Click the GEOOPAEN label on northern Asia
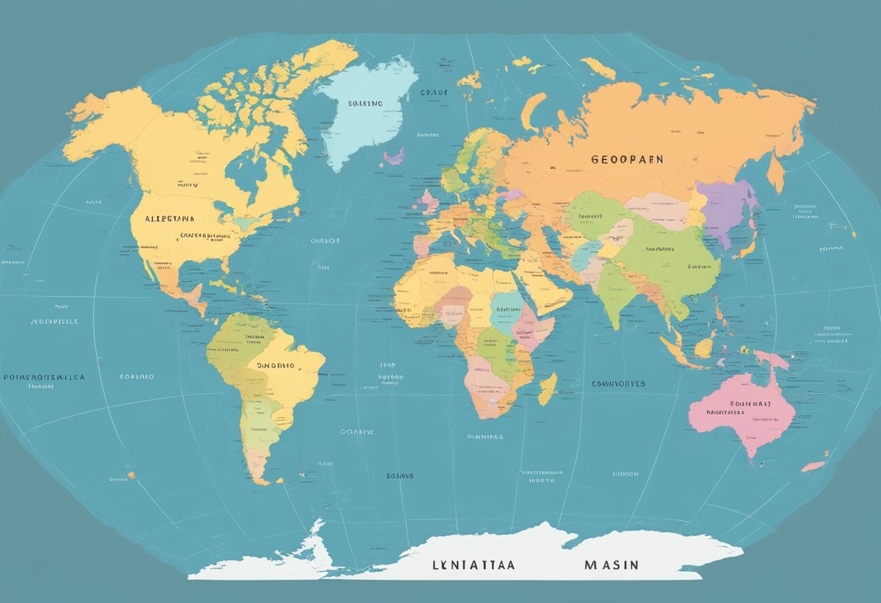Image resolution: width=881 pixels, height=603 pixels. coord(627,159)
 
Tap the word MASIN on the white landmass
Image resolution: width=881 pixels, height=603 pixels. coord(611,565)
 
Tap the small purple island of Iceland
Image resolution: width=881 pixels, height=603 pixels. coord(394,156)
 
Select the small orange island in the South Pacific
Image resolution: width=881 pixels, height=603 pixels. coord(131,476)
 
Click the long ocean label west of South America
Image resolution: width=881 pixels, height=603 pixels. coord(43,378)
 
